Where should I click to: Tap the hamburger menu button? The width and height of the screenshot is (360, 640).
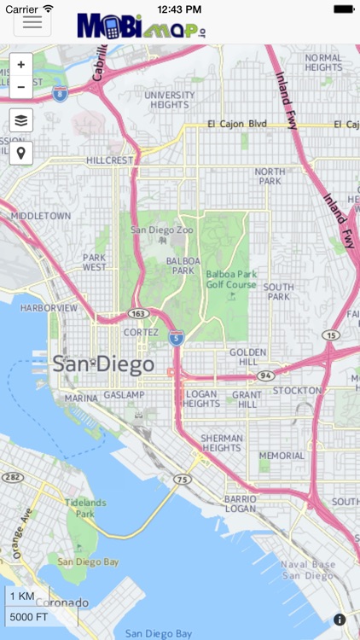(32, 22)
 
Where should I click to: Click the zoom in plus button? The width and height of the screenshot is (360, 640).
(21, 65)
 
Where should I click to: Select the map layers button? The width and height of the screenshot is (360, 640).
(21, 120)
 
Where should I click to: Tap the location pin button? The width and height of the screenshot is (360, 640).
(21, 153)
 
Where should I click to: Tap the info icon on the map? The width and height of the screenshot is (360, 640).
(340, 620)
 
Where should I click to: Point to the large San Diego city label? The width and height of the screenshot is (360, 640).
(103, 364)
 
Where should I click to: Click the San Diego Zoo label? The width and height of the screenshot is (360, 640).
(158, 230)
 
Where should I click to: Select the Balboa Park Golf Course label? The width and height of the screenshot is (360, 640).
(230, 279)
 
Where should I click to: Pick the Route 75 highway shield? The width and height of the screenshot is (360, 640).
(182, 480)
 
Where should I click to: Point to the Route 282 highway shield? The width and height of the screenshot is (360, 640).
(12, 477)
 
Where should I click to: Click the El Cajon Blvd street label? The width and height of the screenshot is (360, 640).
(238, 124)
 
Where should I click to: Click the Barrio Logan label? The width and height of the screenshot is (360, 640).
(240, 503)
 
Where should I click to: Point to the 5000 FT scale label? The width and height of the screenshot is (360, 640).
(28, 617)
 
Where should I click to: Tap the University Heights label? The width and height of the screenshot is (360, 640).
(170, 101)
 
